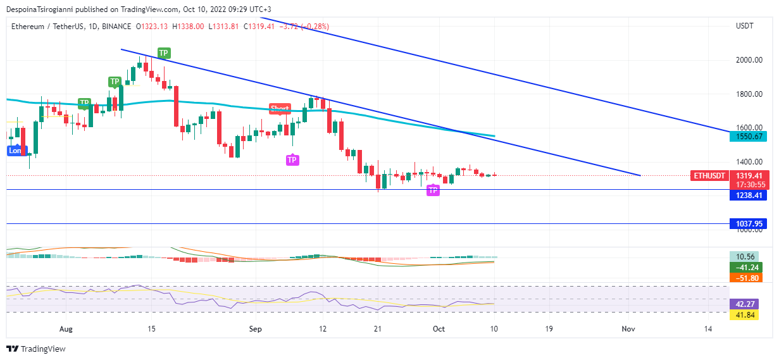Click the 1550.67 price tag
pyautogui.click(x=747, y=136)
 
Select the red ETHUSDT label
pyautogui.click(x=708, y=175)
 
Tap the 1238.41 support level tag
pyautogui.click(x=747, y=196)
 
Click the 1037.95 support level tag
pyautogui.click(x=747, y=224)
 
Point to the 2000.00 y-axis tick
pyautogui.click(x=748, y=60)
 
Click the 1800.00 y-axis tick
pyautogui.click(x=748, y=94)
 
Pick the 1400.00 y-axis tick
pyautogui.click(x=748, y=162)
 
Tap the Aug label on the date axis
pyautogui.click(x=66, y=329)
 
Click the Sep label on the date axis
pyautogui.click(x=255, y=329)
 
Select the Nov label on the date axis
pyautogui.click(x=628, y=329)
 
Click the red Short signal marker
pyautogui.click(x=280, y=109)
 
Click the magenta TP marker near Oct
pyautogui.click(x=433, y=190)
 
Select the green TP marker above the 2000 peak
pyautogui.click(x=163, y=53)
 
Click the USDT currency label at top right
pyautogui.click(x=745, y=26)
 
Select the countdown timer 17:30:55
pyautogui.click(x=747, y=185)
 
